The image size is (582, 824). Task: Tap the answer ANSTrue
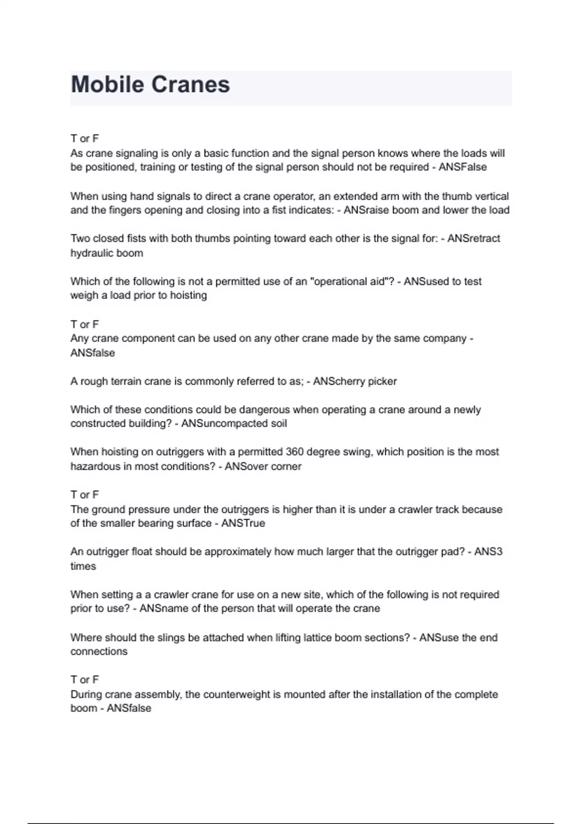[243, 523]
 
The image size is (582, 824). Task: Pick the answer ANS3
[488, 552]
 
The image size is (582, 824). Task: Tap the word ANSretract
[473, 238]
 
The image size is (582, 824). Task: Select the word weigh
[84, 296]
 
